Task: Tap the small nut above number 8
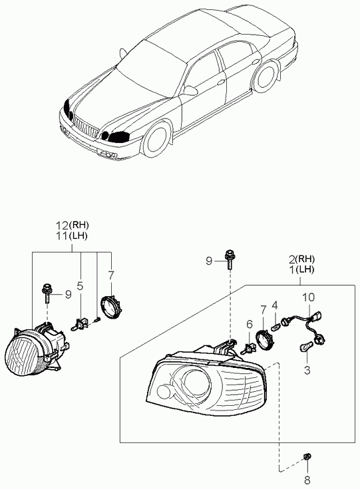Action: click(307, 456)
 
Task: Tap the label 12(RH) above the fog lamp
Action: click(71, 226)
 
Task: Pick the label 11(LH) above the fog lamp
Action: click(71, 236)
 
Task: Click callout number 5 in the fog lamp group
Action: click(80, 287)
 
